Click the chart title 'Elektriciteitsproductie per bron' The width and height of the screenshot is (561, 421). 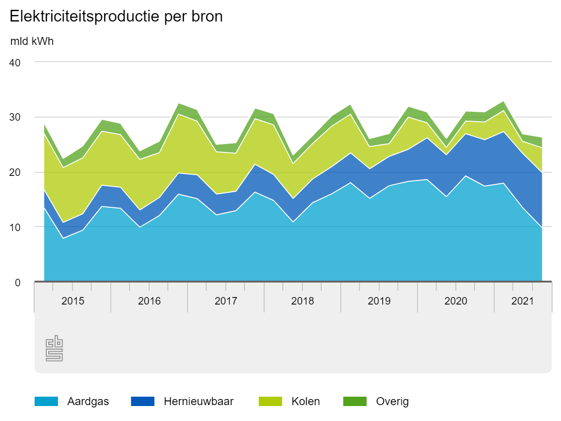pyautogui.click(x=116, y=16)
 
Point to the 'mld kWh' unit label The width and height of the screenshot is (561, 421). pyautogui.click(x=32, y=41)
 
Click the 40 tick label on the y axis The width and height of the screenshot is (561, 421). pyautogui.click(x=15, y=62)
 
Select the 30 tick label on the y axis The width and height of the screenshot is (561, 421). pyautogui.click(x=15, y=117)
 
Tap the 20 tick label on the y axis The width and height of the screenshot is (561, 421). pyautogui.click(x=15, y=172)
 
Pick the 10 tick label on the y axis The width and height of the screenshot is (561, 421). pyautogui.click(x=15, y=227)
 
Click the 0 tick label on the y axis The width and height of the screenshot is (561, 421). pyautogui.click(x=18, y=282)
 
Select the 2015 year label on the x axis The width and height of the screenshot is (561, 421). pyautogui.click(x=73, y=301)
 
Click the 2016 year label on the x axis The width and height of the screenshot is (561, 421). pyautogui.click(x=149, y=301)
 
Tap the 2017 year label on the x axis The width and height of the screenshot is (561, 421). pyautogui.click(x=226, y=301)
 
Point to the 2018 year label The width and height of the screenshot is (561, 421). pyautogui.click(x=302, y=301)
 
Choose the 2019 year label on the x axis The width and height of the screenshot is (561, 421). pyautogui.click(x=379, y=301)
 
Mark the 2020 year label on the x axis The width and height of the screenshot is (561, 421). pyautogui.click(x=456, y=301)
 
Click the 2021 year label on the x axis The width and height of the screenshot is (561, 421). pyautogui.click(x=523, y=301)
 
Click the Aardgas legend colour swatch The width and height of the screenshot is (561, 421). pyautogui.click(x=46, y=401)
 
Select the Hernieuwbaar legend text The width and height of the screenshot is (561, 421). pyautogui.click(x=199, y=401)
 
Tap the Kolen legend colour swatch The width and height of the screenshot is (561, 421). pyautogui.click(x=270, y=401)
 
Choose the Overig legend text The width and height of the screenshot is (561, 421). pyautogui.click(x=392, y=401)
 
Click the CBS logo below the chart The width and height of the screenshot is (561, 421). pyautogui.click(x=54, y=348)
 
